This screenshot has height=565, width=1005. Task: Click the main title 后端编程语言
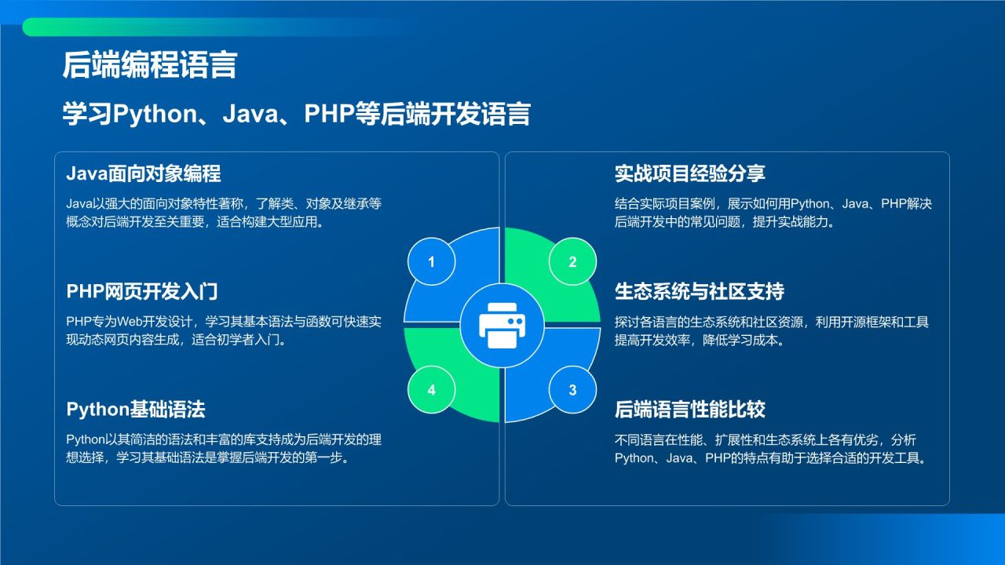coord(149,66)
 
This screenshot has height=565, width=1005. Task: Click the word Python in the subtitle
coord(153,114)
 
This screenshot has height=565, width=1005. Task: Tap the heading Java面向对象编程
coord(144,173)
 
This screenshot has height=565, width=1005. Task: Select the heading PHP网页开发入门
coord(142,292)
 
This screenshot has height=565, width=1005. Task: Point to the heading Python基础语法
coord(136,410)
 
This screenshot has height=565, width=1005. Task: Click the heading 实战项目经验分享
coord(689,173)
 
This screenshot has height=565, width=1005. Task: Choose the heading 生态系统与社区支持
coord(699,292)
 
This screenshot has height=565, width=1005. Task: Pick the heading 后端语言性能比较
coord(689,410)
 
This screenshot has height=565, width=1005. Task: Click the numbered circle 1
coord(431,262)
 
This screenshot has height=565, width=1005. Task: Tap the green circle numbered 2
coord(572,262)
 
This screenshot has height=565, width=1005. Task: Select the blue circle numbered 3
coord(572,389)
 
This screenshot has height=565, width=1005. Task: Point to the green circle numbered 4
coord(431,389)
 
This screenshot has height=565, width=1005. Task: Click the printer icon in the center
coord(502,325)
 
